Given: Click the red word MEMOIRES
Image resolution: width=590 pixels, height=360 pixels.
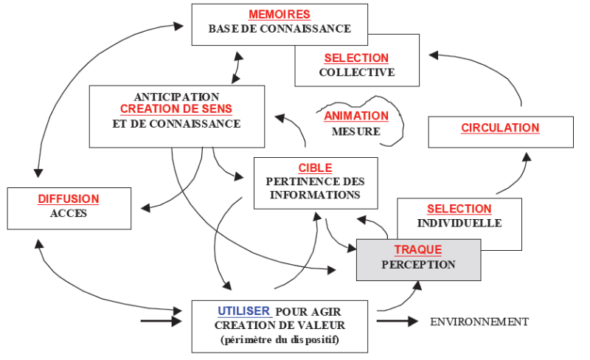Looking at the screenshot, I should coord(279,15).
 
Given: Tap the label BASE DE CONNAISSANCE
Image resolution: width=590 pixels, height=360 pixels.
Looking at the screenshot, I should coord(279,30).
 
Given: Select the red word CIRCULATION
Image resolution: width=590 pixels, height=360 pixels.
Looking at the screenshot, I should coord(500,128).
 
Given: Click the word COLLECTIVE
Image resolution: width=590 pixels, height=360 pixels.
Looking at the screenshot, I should coord(356,72).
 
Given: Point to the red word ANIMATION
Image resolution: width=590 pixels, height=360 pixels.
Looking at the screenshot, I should coord(356,116).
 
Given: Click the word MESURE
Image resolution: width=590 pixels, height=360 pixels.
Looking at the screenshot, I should coord(356,132).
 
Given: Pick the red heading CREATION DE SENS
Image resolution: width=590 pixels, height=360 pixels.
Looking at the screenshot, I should coord(176,109).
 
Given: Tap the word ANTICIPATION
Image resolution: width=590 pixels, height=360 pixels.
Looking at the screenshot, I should coord(176,97).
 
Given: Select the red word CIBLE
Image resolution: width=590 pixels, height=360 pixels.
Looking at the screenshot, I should coord(315,168).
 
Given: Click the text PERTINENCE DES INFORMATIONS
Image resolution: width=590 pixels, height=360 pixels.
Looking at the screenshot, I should coord(315,188).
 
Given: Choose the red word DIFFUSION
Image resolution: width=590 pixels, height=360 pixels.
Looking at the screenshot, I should coord(68,199).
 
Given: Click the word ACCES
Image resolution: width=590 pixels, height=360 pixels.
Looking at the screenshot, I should coord(68,214).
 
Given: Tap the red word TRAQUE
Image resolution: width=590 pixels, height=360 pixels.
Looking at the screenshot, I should coord(418,249).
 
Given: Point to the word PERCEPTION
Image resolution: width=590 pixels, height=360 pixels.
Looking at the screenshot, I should coord(418,264).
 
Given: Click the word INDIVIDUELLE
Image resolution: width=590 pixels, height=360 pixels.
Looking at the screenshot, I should coord(459,223).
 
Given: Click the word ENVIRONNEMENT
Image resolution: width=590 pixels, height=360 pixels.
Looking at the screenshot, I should coord(479,322).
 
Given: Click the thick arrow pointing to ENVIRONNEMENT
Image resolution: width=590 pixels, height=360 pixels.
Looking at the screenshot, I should coord(398,322).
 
